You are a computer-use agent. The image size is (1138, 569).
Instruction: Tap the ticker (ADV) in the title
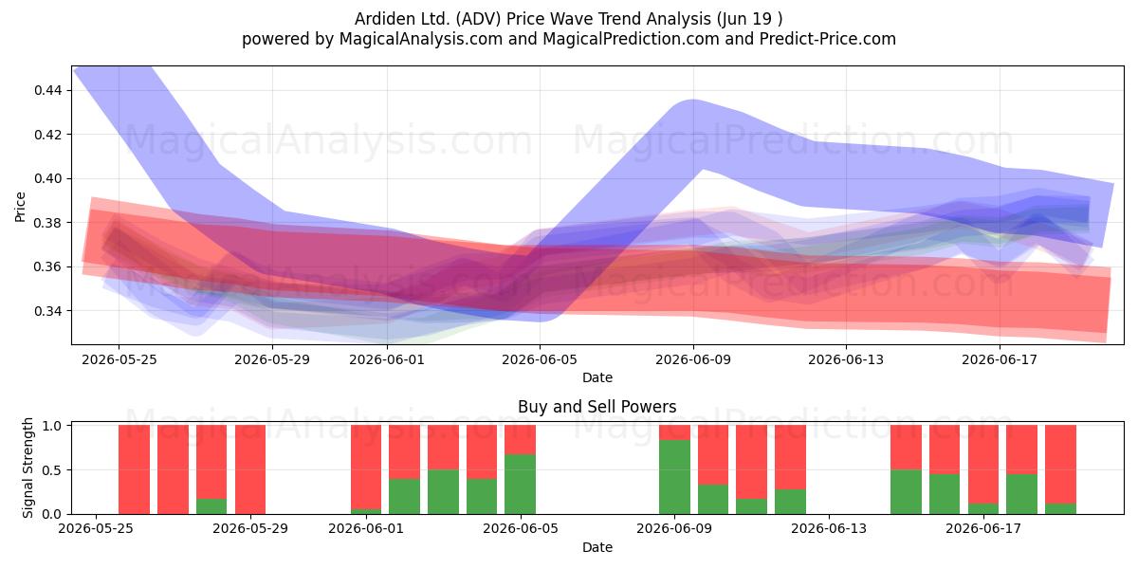point(479,19)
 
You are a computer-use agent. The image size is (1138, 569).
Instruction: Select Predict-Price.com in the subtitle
point(828,39)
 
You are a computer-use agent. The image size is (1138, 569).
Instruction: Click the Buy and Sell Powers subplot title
point(597,407)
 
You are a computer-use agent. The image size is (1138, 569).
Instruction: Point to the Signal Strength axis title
point(28,468)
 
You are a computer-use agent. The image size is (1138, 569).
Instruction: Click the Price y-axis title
point(20,207)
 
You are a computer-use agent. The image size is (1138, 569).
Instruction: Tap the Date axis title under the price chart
point(597,377)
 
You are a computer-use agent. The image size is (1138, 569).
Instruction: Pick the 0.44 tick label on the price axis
point(47,90)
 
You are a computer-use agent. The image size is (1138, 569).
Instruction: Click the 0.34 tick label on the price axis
point(47,311)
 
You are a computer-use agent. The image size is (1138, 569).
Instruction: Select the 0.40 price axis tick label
point(47,179)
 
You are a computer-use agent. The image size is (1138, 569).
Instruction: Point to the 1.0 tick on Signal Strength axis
point(51,426)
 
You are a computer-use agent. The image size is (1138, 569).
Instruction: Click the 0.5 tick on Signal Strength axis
point(51,470)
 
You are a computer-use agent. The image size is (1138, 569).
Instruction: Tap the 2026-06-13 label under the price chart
point(846,359)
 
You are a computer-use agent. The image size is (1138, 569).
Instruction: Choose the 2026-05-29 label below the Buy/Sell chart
point(250,528)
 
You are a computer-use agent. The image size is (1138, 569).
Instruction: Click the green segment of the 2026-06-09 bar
point(674,477)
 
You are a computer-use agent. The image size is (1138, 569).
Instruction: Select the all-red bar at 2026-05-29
point(250,469)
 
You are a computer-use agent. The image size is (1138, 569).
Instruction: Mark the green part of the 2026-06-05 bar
point(520,485)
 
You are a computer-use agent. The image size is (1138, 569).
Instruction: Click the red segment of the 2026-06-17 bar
point(983,465)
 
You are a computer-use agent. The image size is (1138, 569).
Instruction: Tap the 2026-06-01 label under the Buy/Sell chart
point(366,528)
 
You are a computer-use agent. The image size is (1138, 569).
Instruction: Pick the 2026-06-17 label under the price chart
point(1000,359)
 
